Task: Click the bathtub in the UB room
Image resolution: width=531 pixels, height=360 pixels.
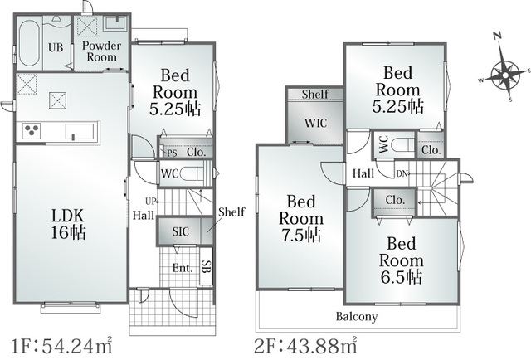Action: (x=28, y=42)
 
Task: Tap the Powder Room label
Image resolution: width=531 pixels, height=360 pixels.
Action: (x=101, y=51)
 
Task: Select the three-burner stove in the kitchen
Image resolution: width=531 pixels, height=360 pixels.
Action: (x=32, y=131)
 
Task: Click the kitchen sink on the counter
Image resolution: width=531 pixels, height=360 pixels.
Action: (x=80, y=131)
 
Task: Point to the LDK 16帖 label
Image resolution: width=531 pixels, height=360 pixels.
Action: (x=68, y=224)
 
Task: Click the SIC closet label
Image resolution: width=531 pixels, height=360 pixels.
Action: (x=181, y=231)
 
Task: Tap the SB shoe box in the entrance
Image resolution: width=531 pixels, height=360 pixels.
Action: (x=206, y=266)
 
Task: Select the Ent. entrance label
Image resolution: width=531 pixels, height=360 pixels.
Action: (x=183, y=268)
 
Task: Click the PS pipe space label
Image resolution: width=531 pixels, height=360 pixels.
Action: (x=172, y=153)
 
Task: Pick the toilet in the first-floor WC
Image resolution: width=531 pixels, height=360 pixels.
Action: (x=191, y=174)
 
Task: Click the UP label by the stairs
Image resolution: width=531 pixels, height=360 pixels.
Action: (x=150, y=202)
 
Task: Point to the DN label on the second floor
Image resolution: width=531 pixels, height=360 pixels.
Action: (x=402, y=173)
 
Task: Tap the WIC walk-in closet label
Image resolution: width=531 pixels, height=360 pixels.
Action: (x=315, y=123)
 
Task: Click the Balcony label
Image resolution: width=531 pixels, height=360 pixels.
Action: (x=357, y=317)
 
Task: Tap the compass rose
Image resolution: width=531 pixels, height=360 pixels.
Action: (x=504, y=75)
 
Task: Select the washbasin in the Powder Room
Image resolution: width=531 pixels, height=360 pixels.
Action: (x=114, y=23)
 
